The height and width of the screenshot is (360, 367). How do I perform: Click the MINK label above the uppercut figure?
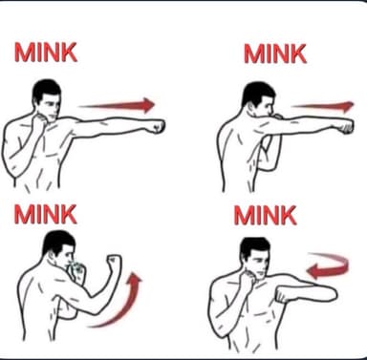click(x=45, y=214)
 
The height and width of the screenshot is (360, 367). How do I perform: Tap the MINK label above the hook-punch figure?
click(x=265, y=216)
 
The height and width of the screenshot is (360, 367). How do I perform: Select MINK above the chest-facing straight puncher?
click(x=46, y=53)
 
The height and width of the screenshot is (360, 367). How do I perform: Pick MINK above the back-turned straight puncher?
click(x=275, y=53)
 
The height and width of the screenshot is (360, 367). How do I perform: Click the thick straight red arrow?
click(x=118, y=105)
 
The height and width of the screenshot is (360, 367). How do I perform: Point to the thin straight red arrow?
click(x=322, y=107)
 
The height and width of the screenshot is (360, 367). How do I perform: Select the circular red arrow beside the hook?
click(x=328, y=266)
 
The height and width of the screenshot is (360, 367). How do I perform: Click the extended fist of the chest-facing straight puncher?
click(x=157, y=126)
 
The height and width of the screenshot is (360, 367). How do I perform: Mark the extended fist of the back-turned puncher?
click(x=345, y=126)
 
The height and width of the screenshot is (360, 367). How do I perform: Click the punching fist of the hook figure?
click(x=283, y=295)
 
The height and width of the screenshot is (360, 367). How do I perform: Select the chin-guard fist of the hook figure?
click(x=248, y=281)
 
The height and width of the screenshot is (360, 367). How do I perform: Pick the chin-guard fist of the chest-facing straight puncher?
click(x=39, y=122)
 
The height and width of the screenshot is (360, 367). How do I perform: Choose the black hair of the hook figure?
click(x=254, y=247)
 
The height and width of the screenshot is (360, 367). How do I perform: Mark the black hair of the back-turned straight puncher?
click(x=257, y=93)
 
